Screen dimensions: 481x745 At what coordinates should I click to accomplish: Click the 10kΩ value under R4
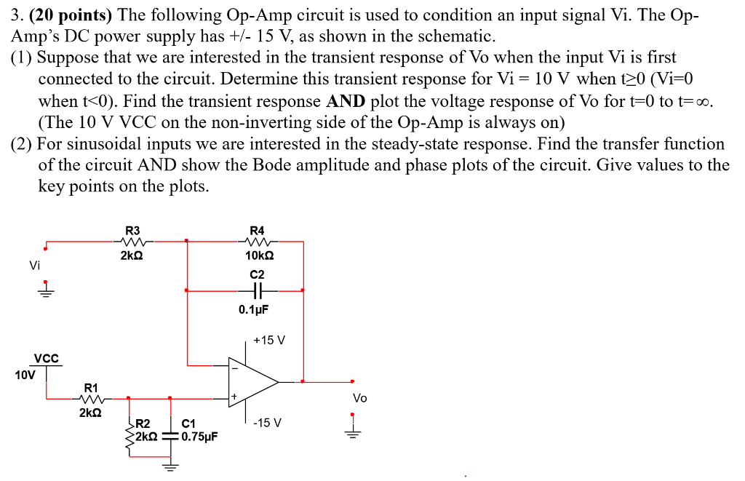point(260,255)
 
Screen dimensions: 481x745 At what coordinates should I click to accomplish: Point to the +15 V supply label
point(269,340)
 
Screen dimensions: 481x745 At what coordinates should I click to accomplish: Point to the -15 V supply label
point(268,423)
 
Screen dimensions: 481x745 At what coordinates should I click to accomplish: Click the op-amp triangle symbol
point(251,381)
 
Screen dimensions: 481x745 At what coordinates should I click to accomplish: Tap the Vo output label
point(359,398)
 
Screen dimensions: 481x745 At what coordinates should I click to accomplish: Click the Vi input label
point(34,265)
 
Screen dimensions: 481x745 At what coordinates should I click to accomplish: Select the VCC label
point(46,358)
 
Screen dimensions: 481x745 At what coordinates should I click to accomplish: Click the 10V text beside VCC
point(23,375)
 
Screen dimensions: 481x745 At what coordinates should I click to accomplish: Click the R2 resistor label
point(143,424)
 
